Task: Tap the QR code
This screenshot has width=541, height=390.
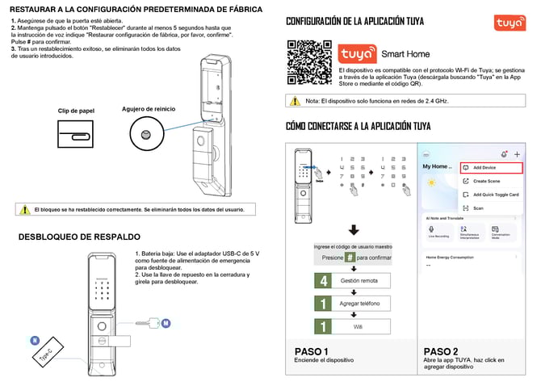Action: (x=310, y=60)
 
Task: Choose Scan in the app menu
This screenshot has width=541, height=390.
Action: (x=478, y=208)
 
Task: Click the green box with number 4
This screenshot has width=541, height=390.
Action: (x=324, y=281)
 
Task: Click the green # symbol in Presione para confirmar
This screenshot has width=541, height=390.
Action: (x=350, y=258)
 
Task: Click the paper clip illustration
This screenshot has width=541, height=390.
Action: (x=76, y=132)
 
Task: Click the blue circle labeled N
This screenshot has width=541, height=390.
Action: (x=36, y=340)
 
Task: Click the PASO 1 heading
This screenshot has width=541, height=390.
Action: (x=312, y=352)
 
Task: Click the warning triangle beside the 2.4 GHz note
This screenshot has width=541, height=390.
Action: (x=295, y=101)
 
